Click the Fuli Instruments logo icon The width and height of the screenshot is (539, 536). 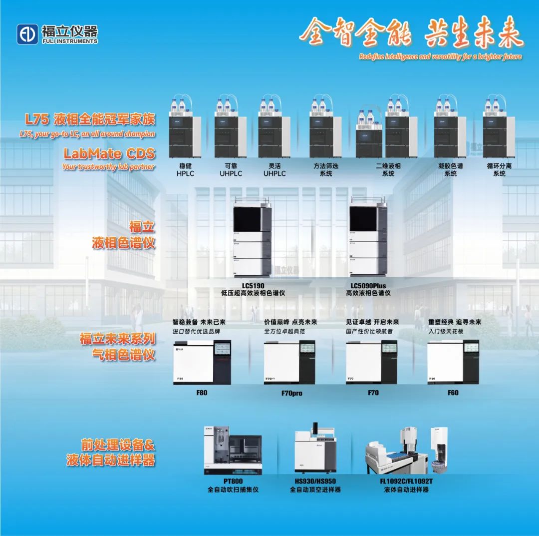tap(27, 34)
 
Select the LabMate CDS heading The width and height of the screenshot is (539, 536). tap(109, 153)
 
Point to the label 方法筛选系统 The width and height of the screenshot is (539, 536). tap(325, 170)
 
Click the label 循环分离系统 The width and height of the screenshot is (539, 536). tap(499, 170)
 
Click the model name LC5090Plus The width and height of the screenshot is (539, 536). tap(368, 286)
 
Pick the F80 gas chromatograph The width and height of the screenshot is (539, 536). tap(202, 362)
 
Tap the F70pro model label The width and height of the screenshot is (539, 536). tap(291, 393)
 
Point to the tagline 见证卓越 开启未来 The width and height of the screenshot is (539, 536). tap(372, 322)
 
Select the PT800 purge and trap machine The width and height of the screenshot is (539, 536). tap(233, 449)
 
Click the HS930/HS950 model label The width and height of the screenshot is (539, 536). tap(315, 482)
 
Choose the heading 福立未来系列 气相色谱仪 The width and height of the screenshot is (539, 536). tap(117, 347)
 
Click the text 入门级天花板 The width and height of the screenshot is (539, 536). tap(446, 331)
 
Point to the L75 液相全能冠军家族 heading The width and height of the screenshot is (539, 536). tap(90, 120)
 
